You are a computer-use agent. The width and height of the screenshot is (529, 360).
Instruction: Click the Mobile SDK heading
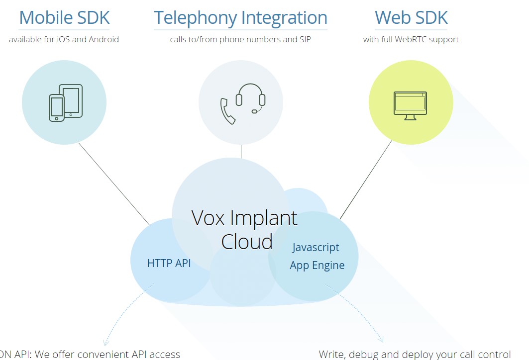64,18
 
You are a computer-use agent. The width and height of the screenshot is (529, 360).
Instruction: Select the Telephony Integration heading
240,18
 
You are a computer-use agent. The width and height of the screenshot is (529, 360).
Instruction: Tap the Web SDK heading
411,18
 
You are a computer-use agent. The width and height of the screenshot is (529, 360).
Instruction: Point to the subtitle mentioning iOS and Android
64,39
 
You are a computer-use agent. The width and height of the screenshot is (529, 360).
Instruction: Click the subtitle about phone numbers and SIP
240,39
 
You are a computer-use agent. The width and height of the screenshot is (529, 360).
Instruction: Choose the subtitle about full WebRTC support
411,39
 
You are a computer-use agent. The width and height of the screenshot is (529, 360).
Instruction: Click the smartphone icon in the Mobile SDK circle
56,108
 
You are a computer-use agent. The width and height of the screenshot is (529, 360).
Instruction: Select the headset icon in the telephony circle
251,97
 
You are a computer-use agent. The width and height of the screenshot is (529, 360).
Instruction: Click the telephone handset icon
227,111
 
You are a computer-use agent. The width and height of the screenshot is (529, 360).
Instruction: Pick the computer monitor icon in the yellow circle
410,105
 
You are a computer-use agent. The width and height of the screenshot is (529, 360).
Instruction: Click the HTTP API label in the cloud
169,263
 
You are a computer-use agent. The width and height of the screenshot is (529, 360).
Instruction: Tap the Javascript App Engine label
317,256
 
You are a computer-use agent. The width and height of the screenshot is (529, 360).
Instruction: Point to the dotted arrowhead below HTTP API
106,342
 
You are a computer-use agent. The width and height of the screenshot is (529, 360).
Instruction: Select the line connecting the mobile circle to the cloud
114,183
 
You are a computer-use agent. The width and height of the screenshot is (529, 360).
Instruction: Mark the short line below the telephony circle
241,151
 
